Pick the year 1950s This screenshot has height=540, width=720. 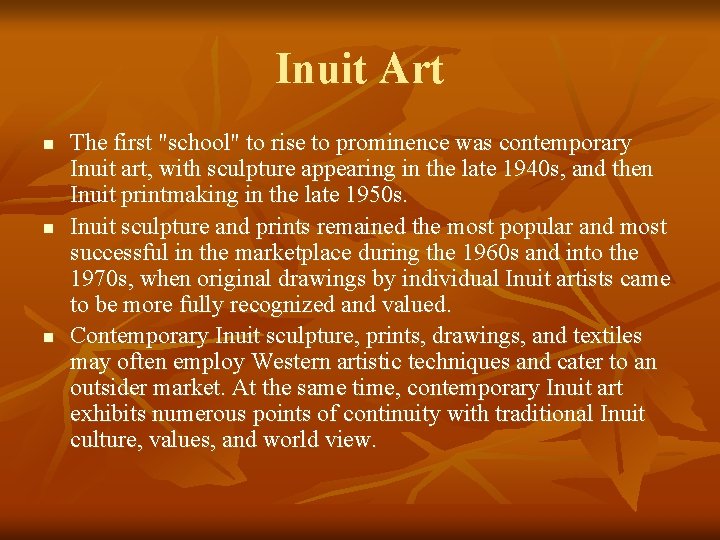pos(377,195)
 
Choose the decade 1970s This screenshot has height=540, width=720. pos(99,279)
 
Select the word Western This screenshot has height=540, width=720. pos(294,361)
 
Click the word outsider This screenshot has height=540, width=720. pos(110,387)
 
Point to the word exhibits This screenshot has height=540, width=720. pos(107,413)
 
